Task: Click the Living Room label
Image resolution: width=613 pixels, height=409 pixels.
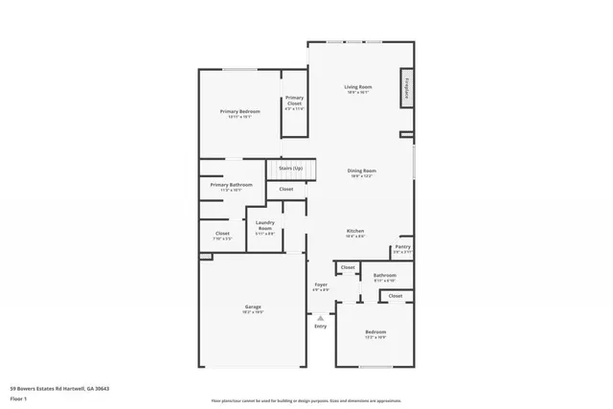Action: (358, 87)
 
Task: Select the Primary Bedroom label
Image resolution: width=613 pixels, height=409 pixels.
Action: (239, 111)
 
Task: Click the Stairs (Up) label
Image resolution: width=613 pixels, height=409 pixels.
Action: (290, 168)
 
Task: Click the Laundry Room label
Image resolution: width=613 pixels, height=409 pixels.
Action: (265, 225)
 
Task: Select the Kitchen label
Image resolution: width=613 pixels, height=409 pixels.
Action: (354, 231)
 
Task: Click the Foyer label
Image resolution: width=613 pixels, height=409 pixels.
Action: (321, 284)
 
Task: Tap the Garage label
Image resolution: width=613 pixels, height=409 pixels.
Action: (252, 307)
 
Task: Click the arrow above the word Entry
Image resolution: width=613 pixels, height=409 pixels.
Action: (320, 317)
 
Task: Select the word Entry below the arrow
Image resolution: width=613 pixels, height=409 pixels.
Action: (320, 327)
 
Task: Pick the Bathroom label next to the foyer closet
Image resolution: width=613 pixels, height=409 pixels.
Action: (383, 276)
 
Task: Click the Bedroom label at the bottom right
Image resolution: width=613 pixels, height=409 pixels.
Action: (375, 331)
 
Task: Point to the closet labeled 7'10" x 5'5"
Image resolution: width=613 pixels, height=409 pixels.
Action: (221, 233)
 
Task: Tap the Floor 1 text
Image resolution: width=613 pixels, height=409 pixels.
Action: (18, 398)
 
